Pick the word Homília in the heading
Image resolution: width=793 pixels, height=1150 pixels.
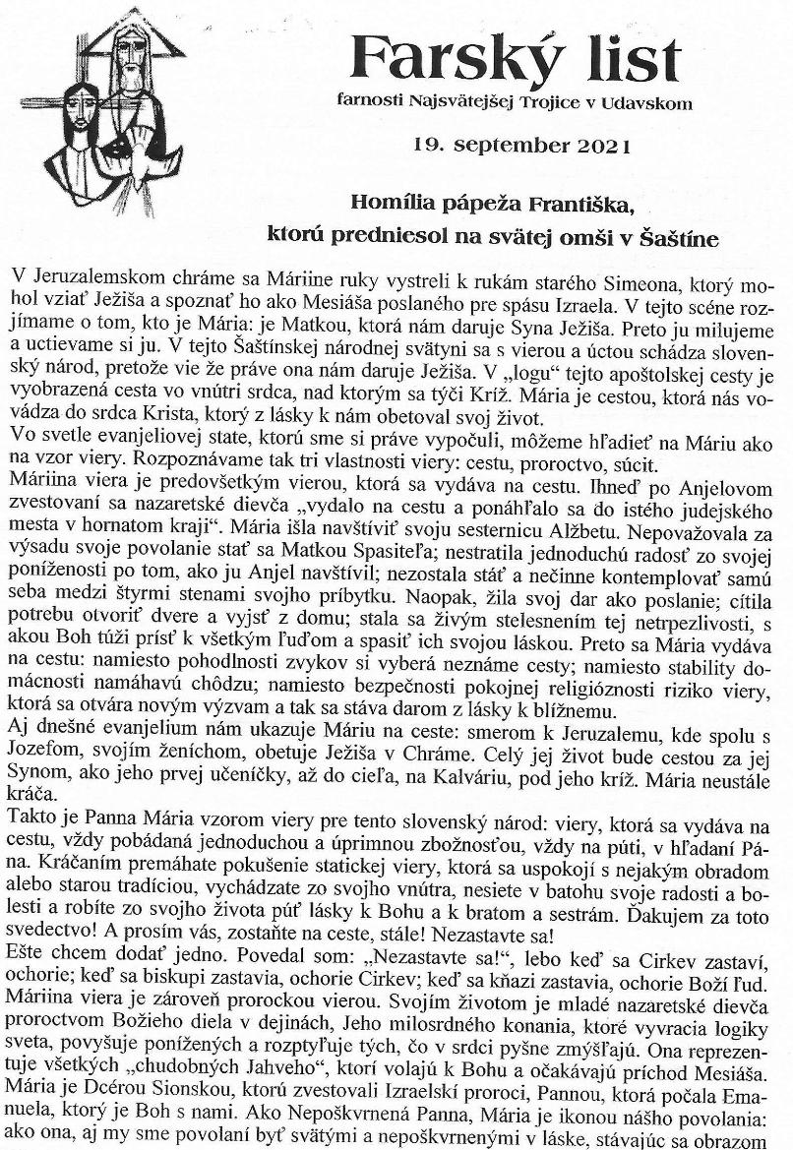point(390,206)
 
